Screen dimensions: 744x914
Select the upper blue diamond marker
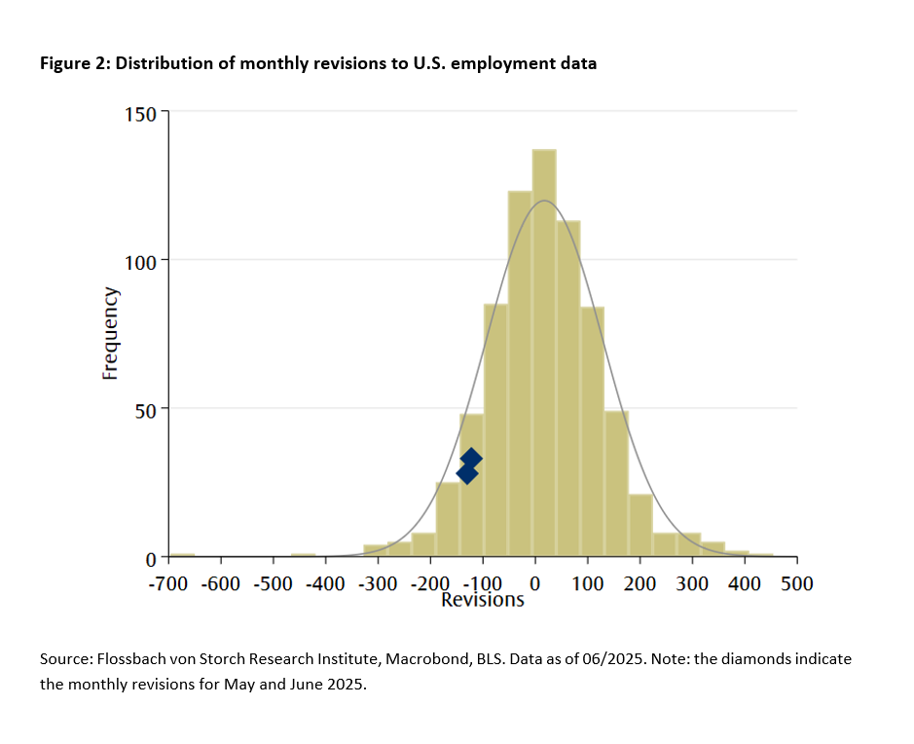[471, 458]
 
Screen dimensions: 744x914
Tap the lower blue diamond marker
[466, 473]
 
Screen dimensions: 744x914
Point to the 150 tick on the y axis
[144, 113]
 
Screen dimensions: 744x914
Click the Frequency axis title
[111, 333]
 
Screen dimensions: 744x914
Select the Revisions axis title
[483, 600]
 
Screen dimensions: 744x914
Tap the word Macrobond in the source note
[427, 659]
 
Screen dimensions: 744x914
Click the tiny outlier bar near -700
[181, 555]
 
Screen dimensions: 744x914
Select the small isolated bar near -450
[303, 555]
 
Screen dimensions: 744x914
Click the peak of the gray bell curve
[544, 201]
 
